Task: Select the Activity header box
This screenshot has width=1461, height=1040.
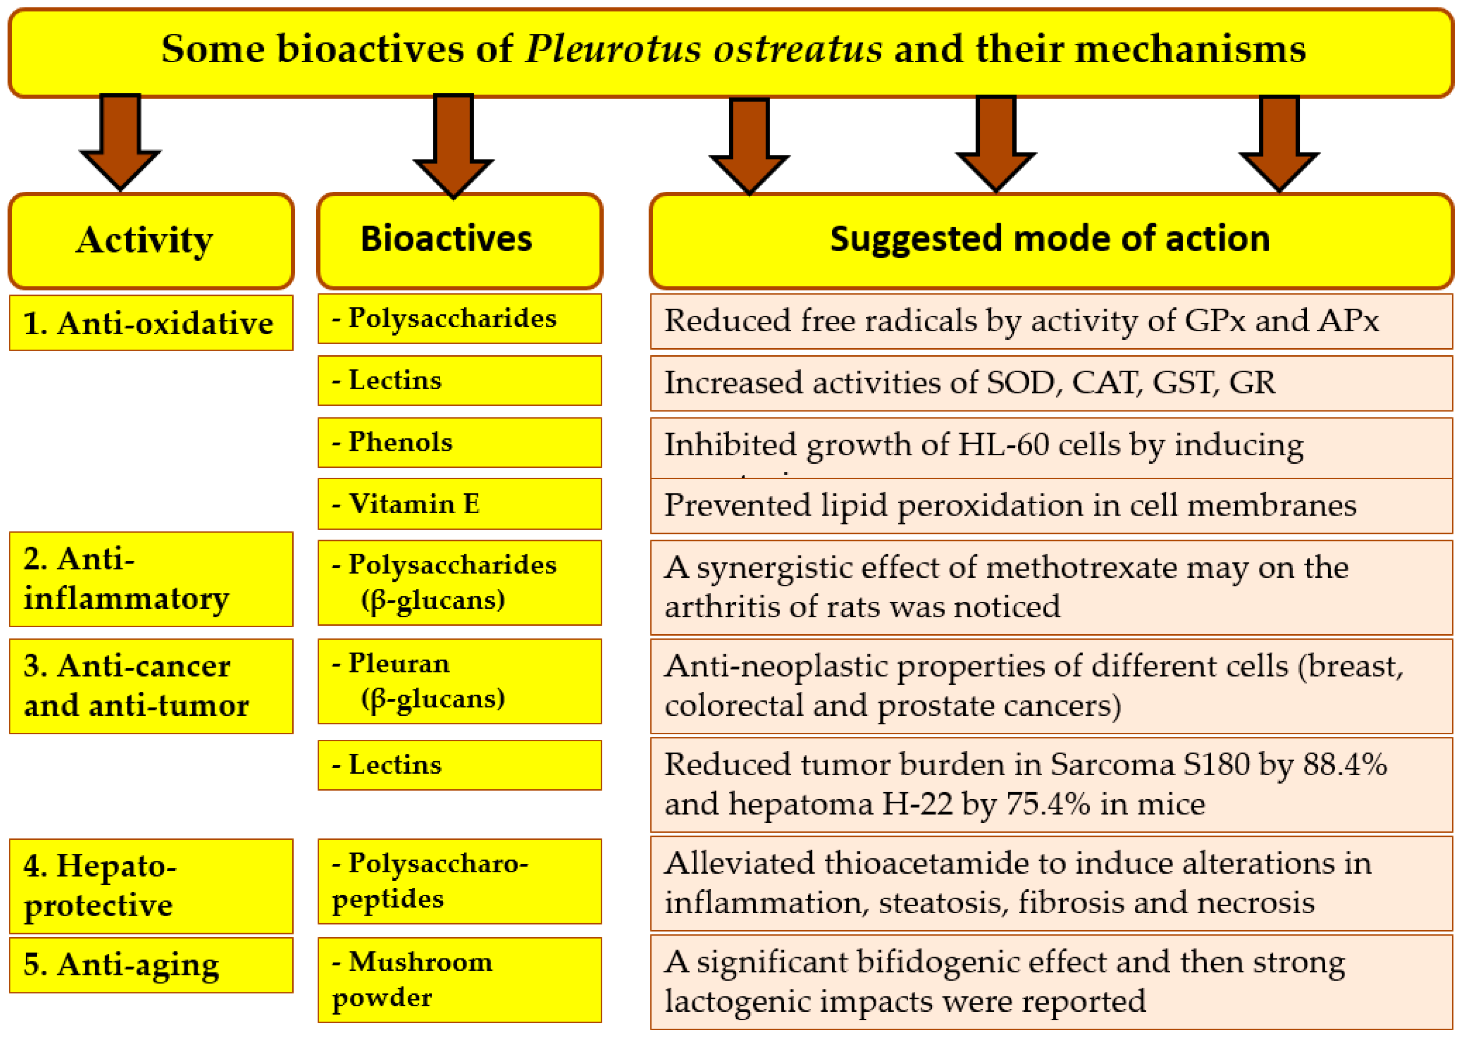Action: pyautogui.click(x=151, y=241)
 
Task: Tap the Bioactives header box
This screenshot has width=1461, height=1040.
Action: pyautogui.click(x=459, y=241)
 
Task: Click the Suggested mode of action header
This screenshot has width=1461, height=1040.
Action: pyautogui.click(x=1051, y=241)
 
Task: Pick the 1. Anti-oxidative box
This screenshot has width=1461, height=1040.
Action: pyautogui.click(x=151, y=323)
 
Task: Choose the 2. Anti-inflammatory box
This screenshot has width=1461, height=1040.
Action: pyautogui.click(x=151, y=579)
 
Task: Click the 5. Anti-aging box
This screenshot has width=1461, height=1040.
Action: pyautogui.click(x=151, y=965)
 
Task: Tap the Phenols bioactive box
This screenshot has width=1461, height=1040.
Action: pyautogui.click(x=459, y=442)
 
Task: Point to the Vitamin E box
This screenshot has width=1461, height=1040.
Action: pyautogui.click(x=459, y=504)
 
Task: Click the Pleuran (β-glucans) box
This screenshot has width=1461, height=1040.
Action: pyautogui.click(x=459, y=681)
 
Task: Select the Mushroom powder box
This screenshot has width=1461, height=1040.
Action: pyautogui.click(x=459, y=980)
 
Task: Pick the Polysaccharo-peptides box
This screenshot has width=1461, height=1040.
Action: pyautogui.click(x=459, y=881)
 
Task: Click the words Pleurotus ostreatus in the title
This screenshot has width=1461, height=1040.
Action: pyautogui.click(x=703, y=49)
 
